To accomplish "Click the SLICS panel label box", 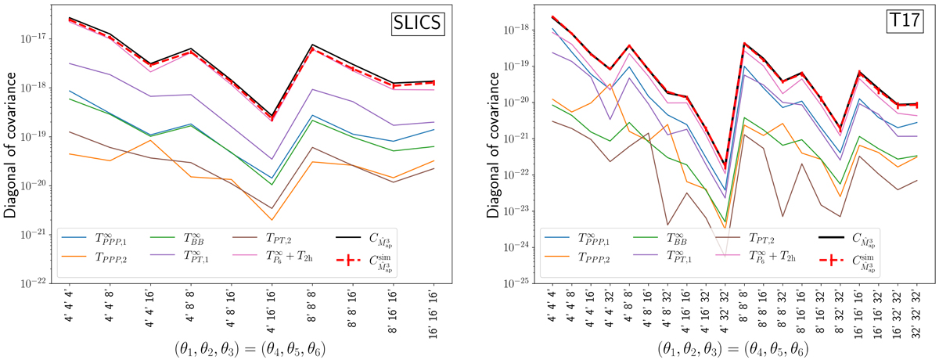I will tap(418, 25).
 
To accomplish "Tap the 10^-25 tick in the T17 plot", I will tap(522, 283).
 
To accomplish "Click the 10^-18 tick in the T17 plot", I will tap(522, 30).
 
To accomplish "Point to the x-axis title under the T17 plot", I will tap(735, 344).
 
